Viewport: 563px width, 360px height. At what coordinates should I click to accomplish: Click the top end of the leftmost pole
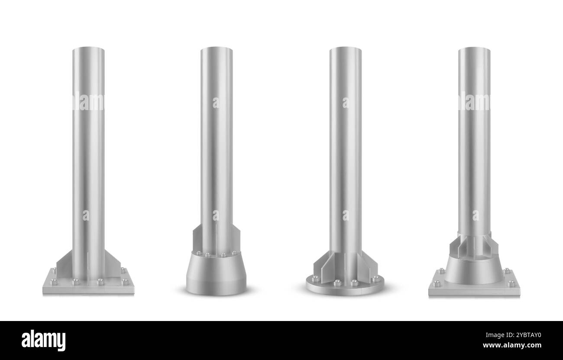pyautogui.click(x=88, y=49)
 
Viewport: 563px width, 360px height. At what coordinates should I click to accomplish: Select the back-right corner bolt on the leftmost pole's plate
pyautogui.click(x=122, y=269)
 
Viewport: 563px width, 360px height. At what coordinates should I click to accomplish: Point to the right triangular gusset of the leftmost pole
pyautogui.click(x=112, y=264)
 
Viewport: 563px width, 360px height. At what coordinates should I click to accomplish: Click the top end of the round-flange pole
pyautogui.click(x=345, y=49)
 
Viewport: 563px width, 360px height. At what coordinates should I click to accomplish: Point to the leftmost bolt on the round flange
pyautogui.click(x=315, y=279)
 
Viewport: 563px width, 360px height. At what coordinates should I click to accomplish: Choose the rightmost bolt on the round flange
pyautogui.click(x=375, y=279)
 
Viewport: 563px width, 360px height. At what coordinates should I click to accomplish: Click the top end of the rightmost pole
pyautogui.click(x=474, y=49)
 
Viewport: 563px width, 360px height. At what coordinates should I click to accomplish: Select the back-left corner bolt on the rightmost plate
pyautogui.click(x=442, y=271)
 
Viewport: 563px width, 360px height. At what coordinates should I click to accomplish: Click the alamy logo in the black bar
pyautogui.click(x=43, y=340)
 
